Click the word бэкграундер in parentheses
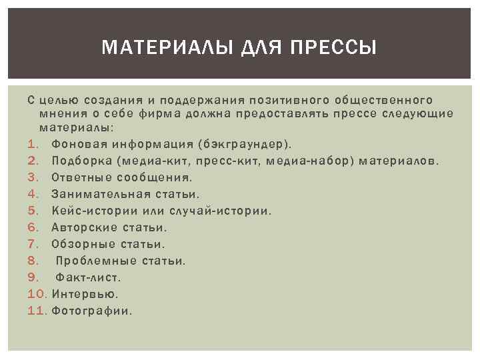point(243,144)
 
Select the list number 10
point(36,293)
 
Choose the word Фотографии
point(91,310)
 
